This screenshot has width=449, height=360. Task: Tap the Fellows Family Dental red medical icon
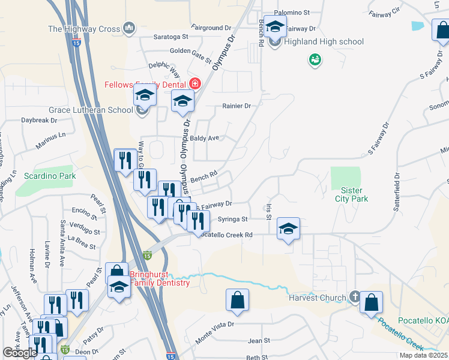(194, 83)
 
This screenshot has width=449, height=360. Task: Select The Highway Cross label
(84, 28)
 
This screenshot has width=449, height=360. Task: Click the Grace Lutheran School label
(90, 110)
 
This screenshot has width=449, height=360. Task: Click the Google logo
(20, 353)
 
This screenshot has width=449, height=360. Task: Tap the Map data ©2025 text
(423, 355)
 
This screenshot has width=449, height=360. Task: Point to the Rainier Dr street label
(236, 106)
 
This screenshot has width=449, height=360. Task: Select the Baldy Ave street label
(205, 138)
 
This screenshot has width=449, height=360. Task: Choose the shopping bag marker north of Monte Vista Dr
(238, 301)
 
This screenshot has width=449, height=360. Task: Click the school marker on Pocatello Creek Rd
(289, 229)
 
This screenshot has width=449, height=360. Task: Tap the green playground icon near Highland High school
(315, 59)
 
